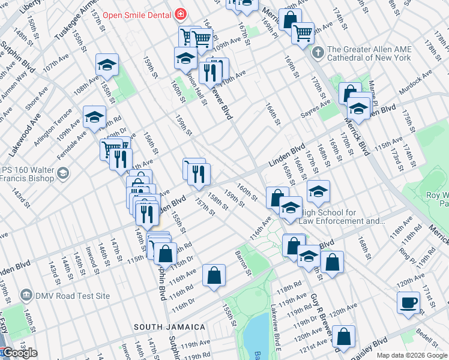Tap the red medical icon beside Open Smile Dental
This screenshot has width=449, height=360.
179,14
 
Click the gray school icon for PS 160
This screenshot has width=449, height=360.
62,175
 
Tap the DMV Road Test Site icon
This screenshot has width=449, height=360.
26,295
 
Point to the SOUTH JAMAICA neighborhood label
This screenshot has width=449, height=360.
169,327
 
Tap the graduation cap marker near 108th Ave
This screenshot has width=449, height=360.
107,65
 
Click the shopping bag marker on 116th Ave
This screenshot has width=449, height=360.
214,276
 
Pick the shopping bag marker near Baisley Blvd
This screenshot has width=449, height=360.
343,337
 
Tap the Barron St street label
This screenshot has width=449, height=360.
243,259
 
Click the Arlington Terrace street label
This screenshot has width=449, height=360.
56,121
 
